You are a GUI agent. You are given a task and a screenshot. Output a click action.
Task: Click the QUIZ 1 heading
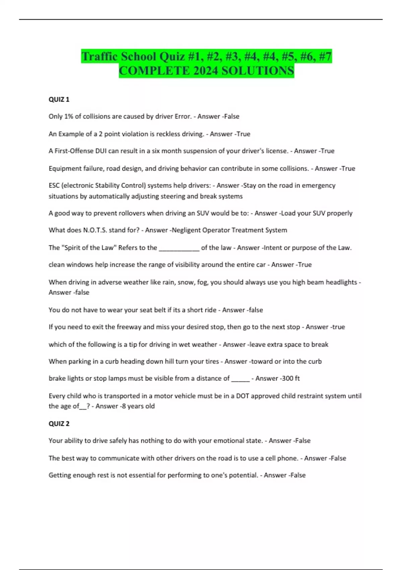(x=59, y=99)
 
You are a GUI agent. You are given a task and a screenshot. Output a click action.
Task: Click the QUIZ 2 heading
(x=59, y=423)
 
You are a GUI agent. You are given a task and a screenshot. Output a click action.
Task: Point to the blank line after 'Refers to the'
(x=179, y=248)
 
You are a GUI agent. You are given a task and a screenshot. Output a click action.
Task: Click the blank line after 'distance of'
(x=240, y=379)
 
